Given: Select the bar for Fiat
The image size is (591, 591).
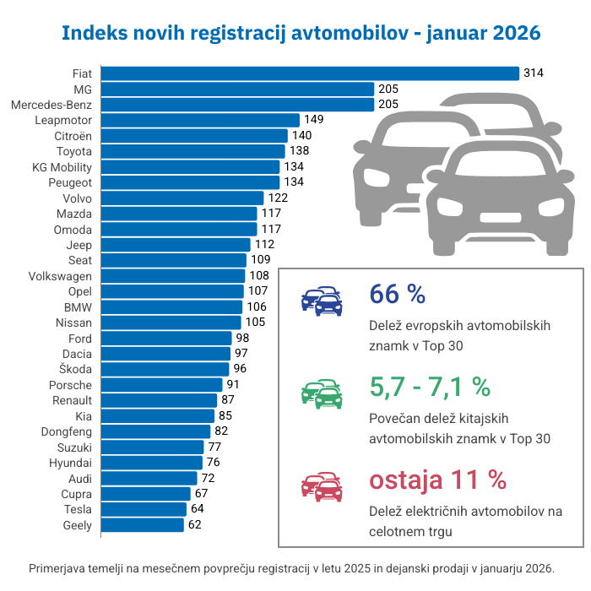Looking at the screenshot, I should tap(309, 73).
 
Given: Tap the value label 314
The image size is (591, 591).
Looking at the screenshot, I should tap(533, 73).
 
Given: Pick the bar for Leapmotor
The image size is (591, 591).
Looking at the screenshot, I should tap(200, 120).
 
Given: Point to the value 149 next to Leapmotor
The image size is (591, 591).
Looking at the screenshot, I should tap(313, 120).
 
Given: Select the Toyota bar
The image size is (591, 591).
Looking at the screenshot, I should tap(193, 151).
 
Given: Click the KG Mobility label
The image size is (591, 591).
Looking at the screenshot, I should tap(61, 166).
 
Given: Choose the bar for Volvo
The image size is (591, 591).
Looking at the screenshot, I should tap(182, 198).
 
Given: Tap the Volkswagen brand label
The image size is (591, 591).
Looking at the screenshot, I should tap(60, 276).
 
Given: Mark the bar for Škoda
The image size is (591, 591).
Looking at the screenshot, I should tap(165, 369).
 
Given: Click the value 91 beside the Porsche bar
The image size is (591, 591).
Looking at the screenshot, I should tap(232, 385).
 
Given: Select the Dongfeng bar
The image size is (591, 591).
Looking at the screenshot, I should tap(155, 431).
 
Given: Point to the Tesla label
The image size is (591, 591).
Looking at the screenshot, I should tap(78, 509).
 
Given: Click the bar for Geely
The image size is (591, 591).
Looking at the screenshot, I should tap(142, 525).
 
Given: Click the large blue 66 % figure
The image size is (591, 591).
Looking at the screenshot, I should tap(397, 294).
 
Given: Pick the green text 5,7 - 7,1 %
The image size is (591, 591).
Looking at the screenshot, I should tap(430, 387).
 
